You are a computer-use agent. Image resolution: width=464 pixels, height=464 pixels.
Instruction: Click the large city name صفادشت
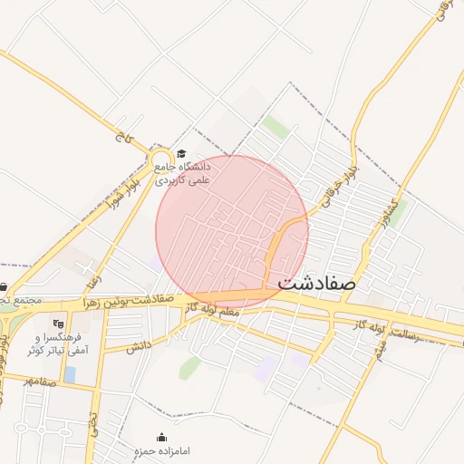(x=317, y=282)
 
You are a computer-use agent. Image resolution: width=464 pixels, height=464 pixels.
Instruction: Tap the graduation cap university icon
(x=180, y=154)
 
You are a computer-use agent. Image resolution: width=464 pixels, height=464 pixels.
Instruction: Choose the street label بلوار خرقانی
(x=348, y=170)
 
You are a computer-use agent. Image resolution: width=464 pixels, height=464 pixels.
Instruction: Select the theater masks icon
(x=59, y=322)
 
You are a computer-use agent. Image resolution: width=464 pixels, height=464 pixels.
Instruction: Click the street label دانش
(x=136, y=346)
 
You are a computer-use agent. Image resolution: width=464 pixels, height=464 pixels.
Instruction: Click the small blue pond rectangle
(x=71, y=373)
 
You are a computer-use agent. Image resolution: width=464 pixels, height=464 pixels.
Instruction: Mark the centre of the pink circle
(x=232, y=232)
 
